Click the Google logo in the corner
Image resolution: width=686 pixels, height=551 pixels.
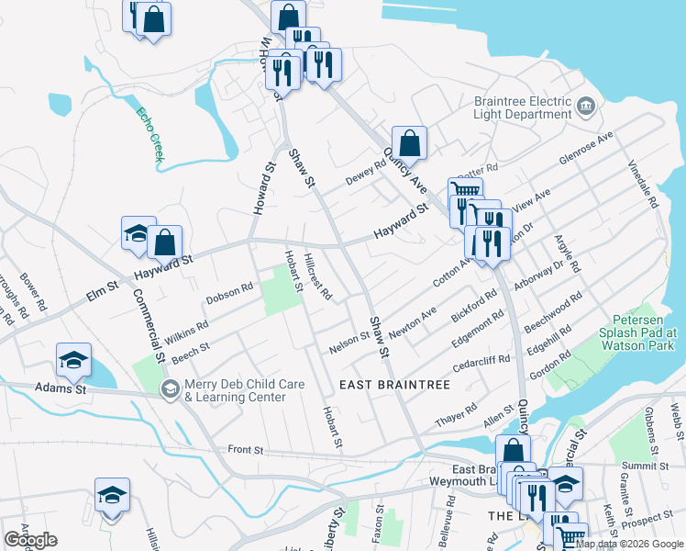coord(30,540)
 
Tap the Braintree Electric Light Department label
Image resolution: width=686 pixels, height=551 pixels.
coord(522,108)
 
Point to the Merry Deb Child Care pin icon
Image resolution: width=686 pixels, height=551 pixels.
coord(169,390)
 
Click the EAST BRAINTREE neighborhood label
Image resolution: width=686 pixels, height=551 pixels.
coord(395,384)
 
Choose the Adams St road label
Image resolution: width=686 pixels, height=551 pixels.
coord(61,389)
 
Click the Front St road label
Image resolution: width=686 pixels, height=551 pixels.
coord(246,451)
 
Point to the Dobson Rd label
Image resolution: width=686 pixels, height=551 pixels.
coord(228,293)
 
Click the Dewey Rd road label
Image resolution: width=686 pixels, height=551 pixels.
coord(365,174)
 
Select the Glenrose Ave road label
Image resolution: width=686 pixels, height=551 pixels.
coord(586,149)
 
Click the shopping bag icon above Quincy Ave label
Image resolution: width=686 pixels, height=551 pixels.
coord(409,142)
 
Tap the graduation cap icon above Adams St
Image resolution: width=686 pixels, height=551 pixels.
coord(73,359)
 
